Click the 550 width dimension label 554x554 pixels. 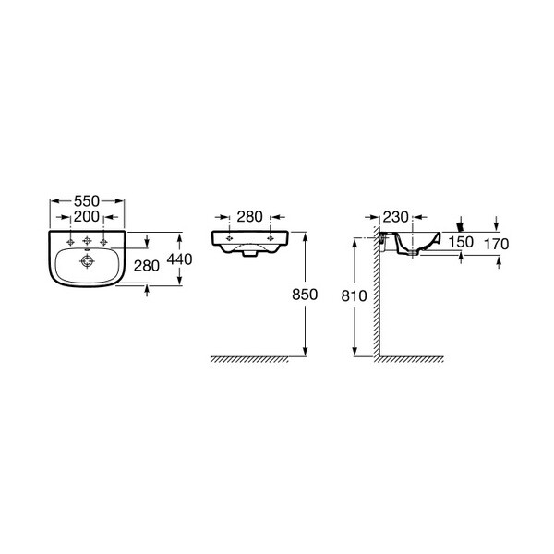pyautogui.click(x=87, y=201)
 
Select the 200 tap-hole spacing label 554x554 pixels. pyautogui.click(x=87, y=217)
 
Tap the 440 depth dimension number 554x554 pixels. pyautogui.click(x=179, y=259)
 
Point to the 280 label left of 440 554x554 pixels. pyautogui.click(x=146, y=266)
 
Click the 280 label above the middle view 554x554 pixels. pyautogui.click(x=249, y=217)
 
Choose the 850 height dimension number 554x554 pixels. pyautogui.click(x=305, y=295)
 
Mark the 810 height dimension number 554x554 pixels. pyautogui.click(x=354, y=296)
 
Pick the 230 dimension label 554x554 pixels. pyautogui.click(x=396, y=217)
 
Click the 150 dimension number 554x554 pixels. pyautogui.click(x=461, y=242)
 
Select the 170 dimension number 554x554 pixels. pyautogui.click(x=497, y=244)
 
